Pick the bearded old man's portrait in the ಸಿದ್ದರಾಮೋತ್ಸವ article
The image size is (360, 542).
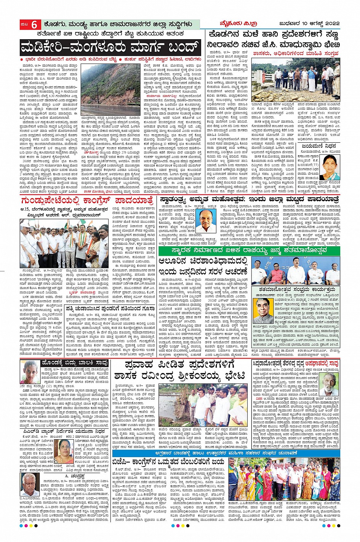tap(329, 384)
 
